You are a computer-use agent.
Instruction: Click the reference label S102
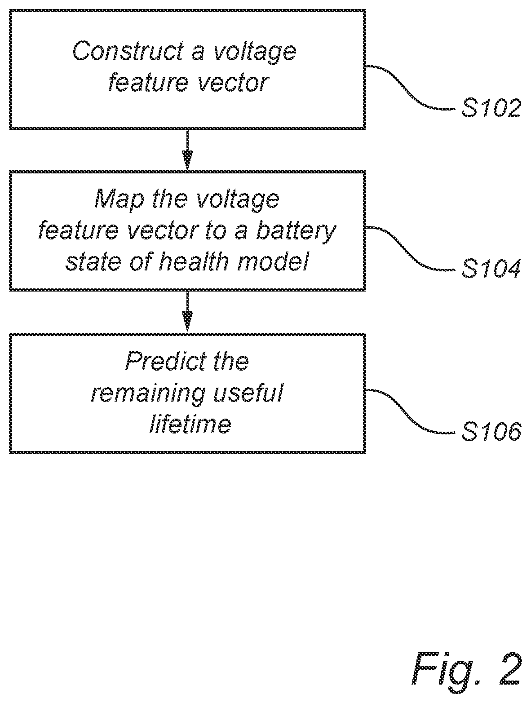click(x=491, y=108)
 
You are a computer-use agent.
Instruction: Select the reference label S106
click(x=491, y=431)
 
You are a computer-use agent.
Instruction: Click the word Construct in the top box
click(x=128, y=51)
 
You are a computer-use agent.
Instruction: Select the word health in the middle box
click(x=194, y=262)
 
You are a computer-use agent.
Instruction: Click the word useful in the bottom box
click(x=248, y=392)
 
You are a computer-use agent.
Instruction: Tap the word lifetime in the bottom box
click(x=190, y=423)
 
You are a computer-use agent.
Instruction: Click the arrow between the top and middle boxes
click(x=187, y=150)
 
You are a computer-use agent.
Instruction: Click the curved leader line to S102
click(x=410, y=87)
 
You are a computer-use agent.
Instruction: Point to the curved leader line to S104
click(x=410, y=248)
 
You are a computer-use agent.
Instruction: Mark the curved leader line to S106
click(x=410, y=411)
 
